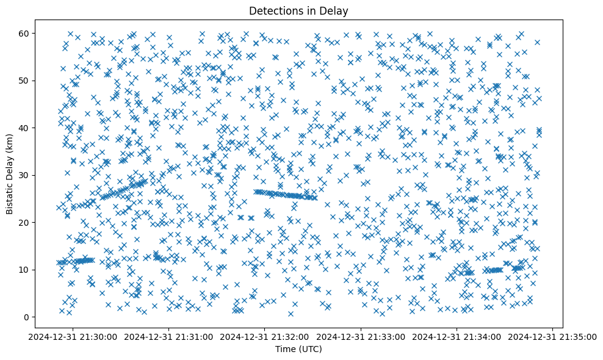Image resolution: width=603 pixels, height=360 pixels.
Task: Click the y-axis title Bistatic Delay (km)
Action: tap(10, 175)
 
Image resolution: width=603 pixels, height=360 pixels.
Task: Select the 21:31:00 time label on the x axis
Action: tap(169, 336)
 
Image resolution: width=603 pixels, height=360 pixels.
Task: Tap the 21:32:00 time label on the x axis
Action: tap(265, 336)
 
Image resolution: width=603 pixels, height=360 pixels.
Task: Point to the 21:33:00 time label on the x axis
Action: tap(361, 336)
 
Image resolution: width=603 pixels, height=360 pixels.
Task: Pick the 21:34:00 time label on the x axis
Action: tap(457, 336)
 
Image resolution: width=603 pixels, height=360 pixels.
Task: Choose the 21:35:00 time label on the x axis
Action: tap(553, 336)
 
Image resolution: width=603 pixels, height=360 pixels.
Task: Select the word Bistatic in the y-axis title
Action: tap(10, 196)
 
